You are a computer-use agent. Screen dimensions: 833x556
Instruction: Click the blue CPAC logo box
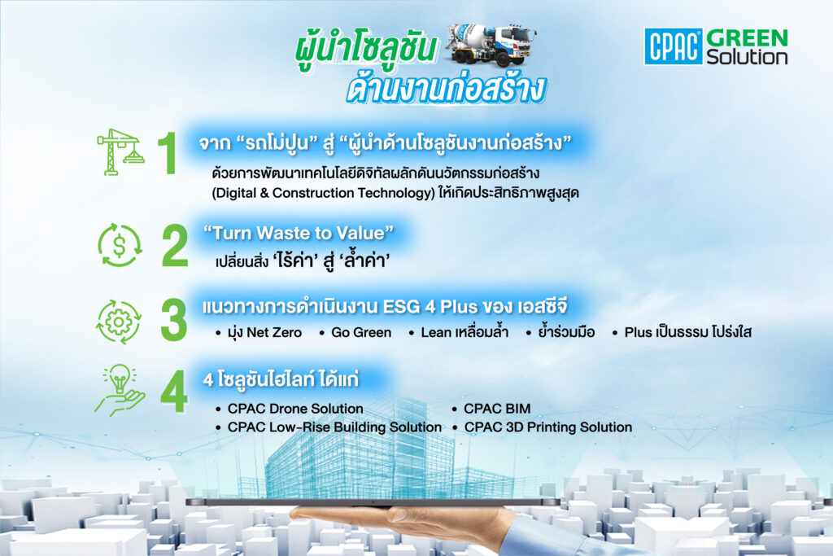coord(673,46)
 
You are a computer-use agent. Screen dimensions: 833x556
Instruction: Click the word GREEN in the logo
coord(747,37)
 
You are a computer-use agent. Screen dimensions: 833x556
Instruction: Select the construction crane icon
coord(120,152)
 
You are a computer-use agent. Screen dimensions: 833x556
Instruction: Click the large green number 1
coord(168,153)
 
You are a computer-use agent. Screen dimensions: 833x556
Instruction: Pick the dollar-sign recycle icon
coord(120,245)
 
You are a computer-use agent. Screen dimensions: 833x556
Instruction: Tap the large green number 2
coord(175,245)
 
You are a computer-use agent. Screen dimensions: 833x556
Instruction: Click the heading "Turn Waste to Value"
coord(299,233)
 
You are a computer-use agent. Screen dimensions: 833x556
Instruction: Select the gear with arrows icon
coord(119,322)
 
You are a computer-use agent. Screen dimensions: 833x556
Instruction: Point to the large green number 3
coord(174,319)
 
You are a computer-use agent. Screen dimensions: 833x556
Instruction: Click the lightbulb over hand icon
coord(120,390)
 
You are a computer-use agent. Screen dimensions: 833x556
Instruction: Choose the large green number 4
coord(174,392)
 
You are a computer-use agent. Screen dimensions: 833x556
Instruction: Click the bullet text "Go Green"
coord(361,333)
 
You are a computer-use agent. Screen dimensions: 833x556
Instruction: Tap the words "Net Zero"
coord(274,333)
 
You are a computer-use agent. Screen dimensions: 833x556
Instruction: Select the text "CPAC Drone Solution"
coord(295,409)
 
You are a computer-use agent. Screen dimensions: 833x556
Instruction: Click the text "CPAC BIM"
coord(497,409)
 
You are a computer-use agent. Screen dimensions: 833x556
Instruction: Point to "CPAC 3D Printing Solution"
coord(548,427)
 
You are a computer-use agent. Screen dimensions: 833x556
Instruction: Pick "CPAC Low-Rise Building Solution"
coord(334,427)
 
